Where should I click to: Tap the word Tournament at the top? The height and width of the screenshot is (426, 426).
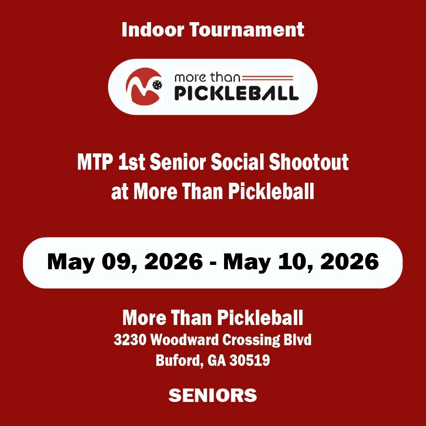[247, 29]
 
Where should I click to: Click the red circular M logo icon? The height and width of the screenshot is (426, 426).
[144, 87]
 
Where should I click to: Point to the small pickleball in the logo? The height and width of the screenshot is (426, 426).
[157, 85]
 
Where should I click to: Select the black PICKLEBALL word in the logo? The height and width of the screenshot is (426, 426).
[237, 93]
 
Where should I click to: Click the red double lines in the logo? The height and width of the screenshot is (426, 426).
[268, 78]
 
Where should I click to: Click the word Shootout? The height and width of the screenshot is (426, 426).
[309, 162]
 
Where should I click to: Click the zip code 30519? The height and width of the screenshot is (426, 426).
[250, 361]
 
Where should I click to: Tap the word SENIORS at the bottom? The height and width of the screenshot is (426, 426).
[213, 395]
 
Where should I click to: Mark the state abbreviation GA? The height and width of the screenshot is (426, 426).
[216, 361]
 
